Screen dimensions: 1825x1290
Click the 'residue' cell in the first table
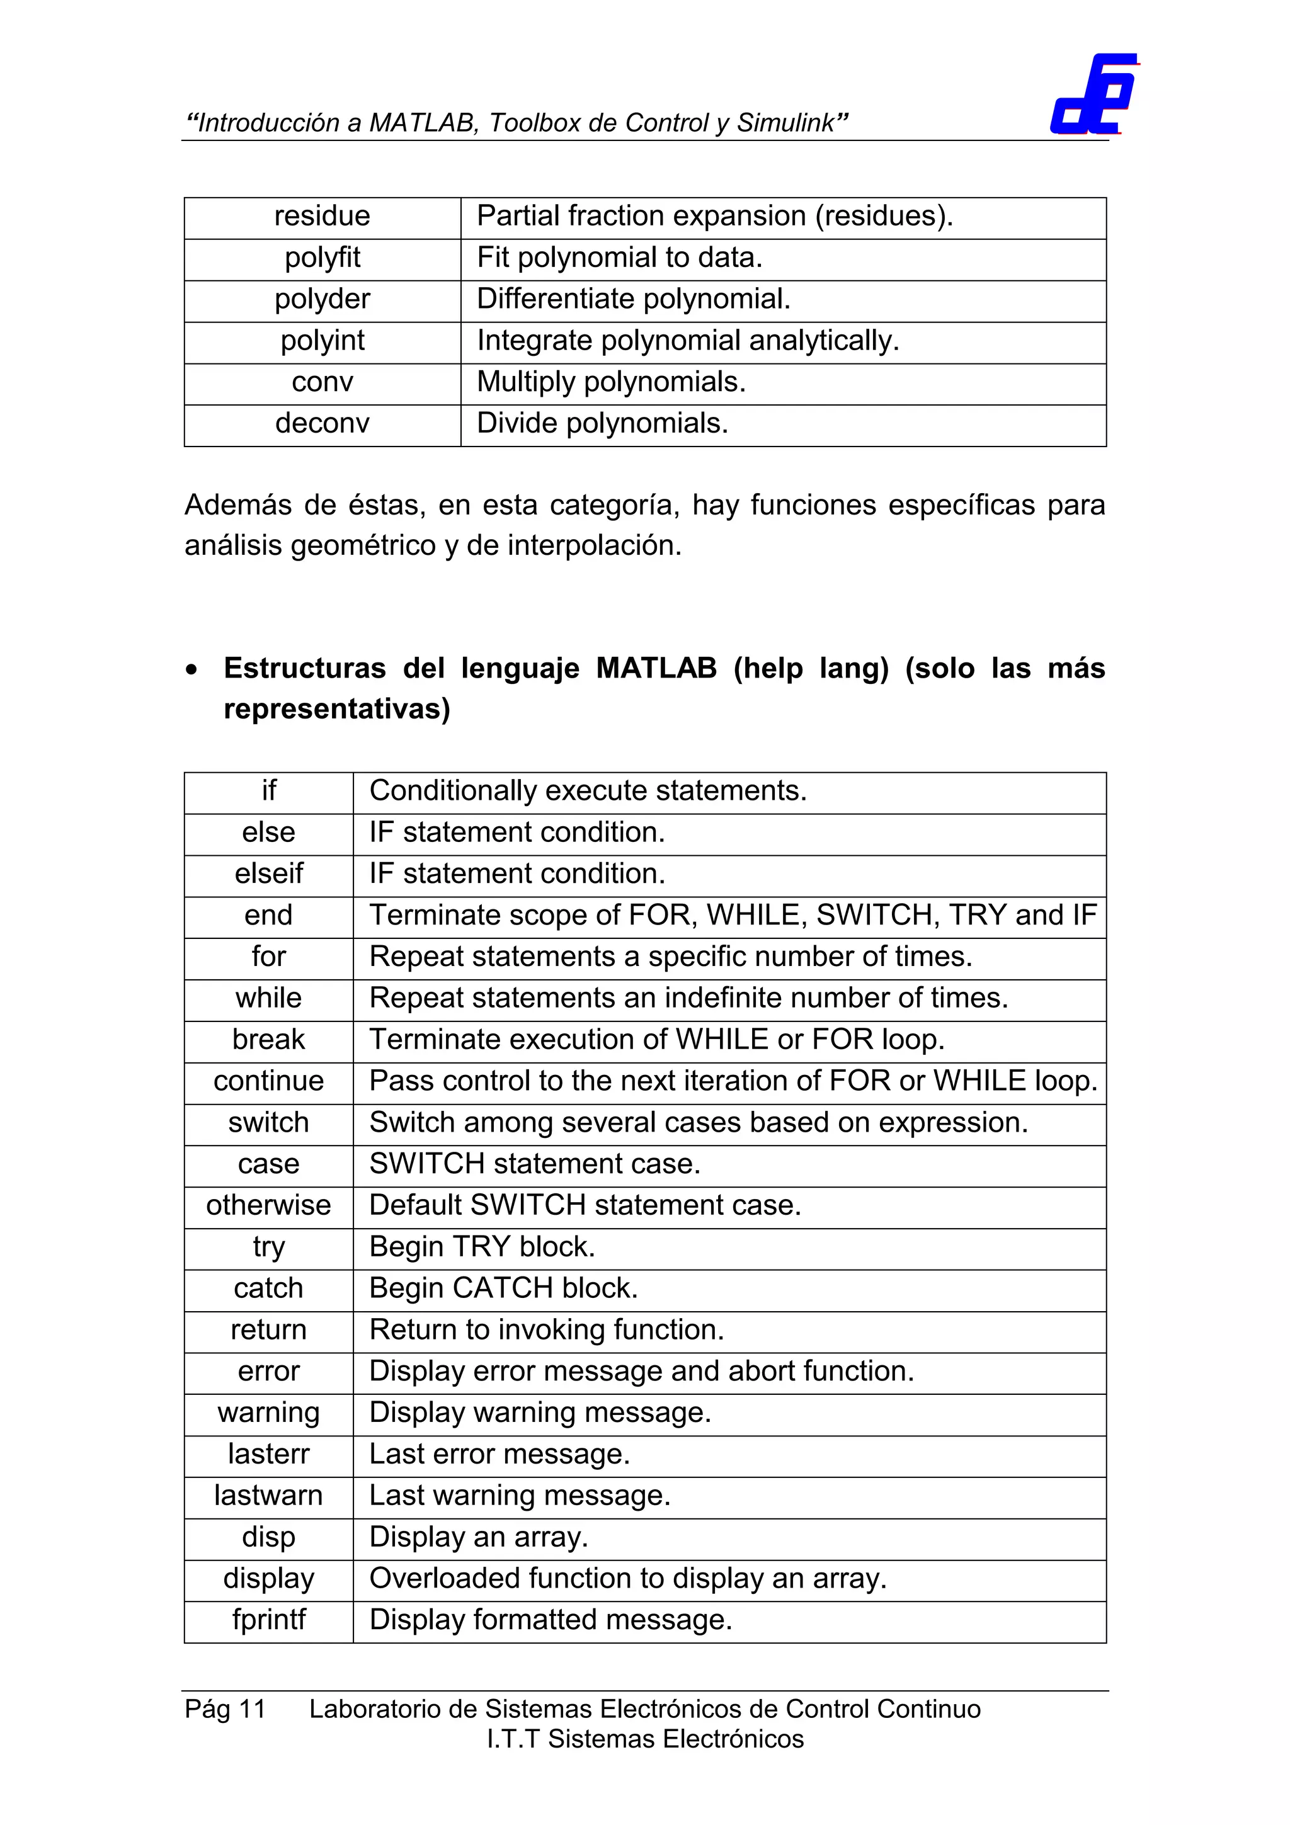322,216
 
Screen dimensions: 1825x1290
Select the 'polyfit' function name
322,258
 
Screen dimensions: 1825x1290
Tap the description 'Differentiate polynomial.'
634,299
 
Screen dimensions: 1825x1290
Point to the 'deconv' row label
322,423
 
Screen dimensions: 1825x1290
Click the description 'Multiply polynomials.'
610,382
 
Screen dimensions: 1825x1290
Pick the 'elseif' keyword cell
269,873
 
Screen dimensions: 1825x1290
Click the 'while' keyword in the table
269,998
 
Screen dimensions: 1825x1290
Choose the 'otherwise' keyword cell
269,1205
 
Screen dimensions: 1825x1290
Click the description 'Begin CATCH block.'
503,1288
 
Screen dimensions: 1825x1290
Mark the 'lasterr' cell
269,1454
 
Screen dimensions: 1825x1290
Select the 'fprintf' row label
269,1619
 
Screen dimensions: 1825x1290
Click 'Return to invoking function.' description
547,1329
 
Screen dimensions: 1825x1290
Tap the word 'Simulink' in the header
785,123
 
